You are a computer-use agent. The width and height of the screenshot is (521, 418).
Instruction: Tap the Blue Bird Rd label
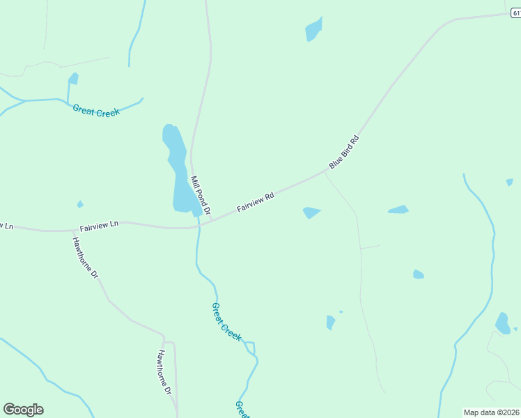coord(344,151)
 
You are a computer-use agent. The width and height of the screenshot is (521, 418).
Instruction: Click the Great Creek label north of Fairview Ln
coord(96,110)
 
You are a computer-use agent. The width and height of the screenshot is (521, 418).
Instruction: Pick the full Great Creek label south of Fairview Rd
coord(226,321)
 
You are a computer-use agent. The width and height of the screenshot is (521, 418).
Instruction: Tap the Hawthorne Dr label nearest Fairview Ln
coord(86,257)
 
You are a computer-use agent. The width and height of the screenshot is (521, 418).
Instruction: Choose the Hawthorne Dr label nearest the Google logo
coord(164,372)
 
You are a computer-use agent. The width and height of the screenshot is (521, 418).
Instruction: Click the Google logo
coord(23,410)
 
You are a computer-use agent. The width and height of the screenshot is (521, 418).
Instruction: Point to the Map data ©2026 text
coord(492,412)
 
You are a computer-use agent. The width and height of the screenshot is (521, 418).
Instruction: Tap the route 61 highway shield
coord(515,13)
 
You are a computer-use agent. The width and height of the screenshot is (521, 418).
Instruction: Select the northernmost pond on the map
coord(313,30)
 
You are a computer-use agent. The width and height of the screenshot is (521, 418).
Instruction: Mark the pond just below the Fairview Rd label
coord(311,212)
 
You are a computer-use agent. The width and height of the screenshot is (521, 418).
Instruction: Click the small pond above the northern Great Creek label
coord(72,79)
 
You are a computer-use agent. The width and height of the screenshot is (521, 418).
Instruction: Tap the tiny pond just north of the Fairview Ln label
coord(80,204)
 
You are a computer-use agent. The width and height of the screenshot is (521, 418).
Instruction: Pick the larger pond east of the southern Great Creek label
coord(330,322)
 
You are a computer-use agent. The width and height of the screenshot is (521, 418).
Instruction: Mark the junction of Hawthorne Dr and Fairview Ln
coord(74,230)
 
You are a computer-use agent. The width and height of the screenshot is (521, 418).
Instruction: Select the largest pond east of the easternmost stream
coord(501,323)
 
